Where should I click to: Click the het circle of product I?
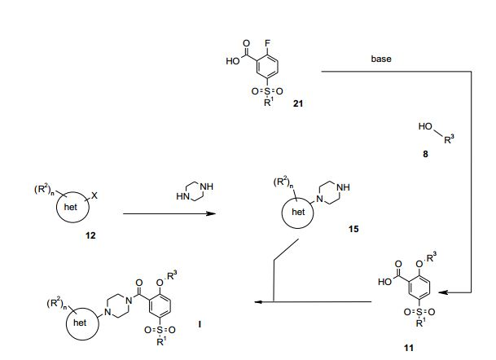tap(80, 323)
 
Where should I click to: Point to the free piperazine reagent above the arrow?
tap(186, 192)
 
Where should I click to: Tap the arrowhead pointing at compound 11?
tap(450, 292)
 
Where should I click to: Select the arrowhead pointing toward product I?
tap(256, 302)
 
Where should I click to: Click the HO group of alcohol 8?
tap(424, 128)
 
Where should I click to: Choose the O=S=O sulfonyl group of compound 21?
tap(261, 90)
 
